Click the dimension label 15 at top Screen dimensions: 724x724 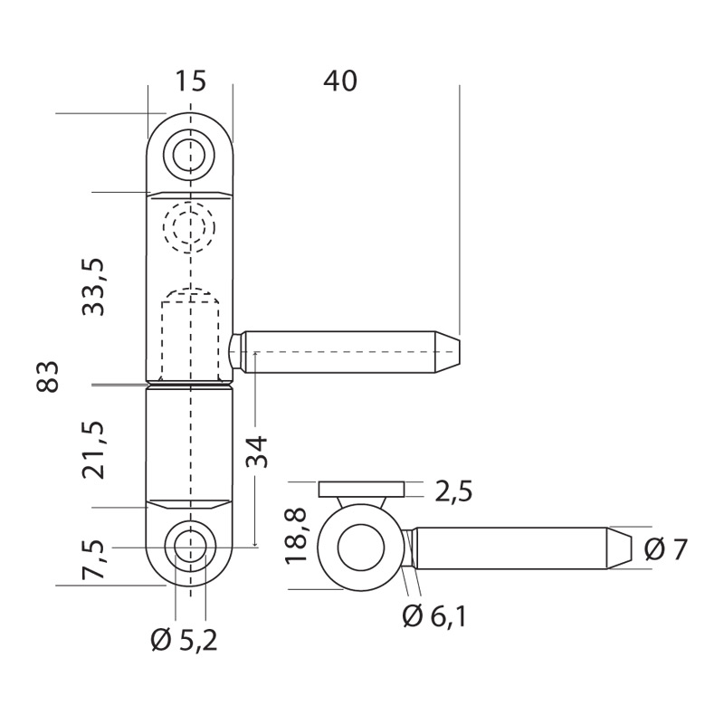click(x=190, y=81)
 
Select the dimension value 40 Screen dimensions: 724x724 click(x=340, y=81)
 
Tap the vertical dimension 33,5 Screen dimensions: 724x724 click(x=94, y=287)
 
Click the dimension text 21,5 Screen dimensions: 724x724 click(x=94, y=449)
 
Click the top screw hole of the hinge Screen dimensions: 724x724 click(x=190, y=155)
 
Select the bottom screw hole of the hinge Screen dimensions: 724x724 click(x=190, y=547)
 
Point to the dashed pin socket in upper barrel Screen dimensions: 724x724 click(x=190, y=335)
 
